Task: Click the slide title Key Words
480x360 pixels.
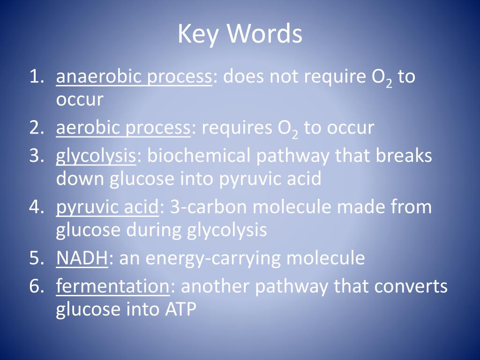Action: point(240,34)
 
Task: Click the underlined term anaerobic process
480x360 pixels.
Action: point(134,77)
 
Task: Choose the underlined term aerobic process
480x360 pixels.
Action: point(123,127)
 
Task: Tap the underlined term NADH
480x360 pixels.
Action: point(82,258)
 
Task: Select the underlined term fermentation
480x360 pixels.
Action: point(112,286)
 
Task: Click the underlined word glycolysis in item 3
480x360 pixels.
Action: point(96,156)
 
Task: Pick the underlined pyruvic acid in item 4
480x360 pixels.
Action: point(107,207)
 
